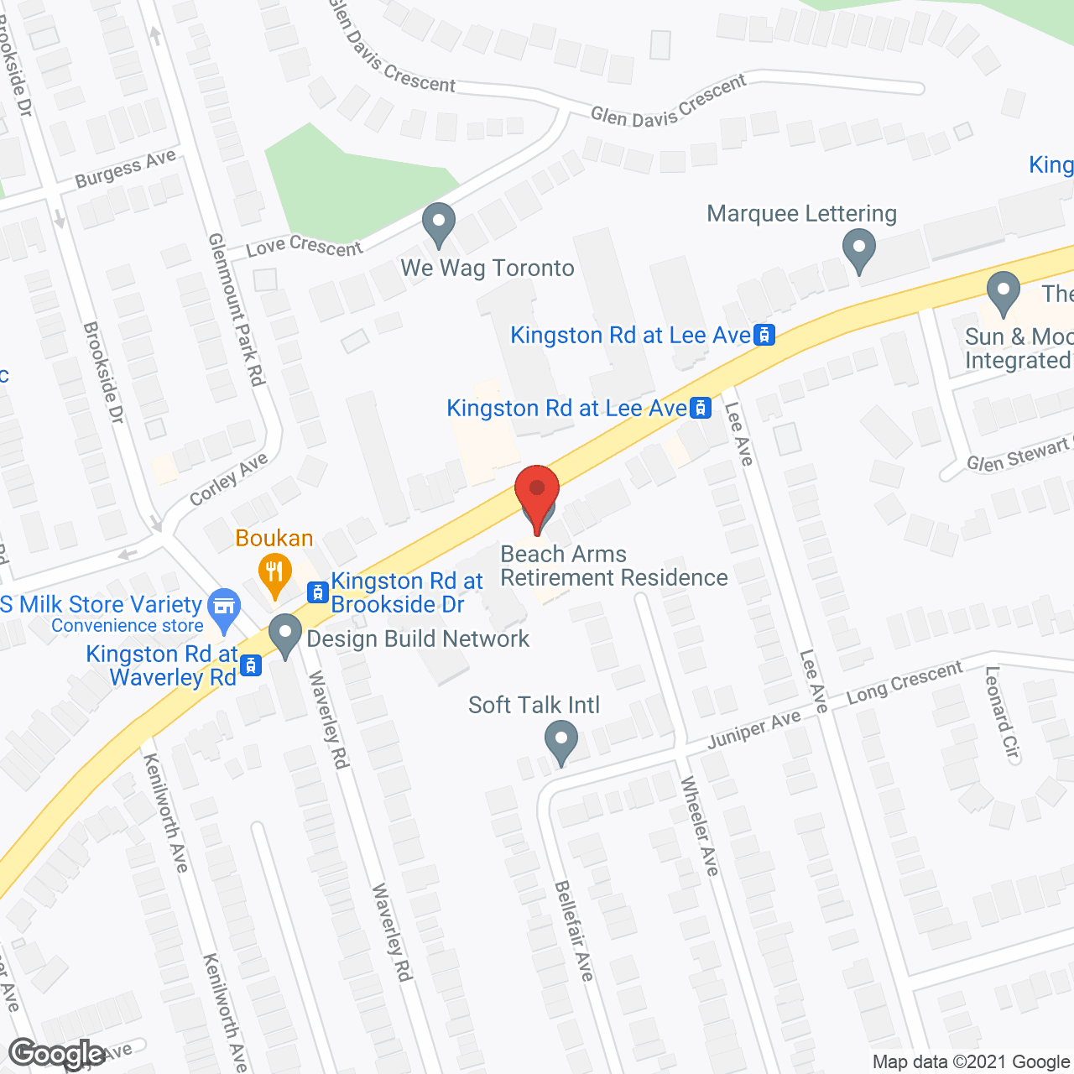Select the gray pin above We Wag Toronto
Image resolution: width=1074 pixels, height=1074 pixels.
point(438,225)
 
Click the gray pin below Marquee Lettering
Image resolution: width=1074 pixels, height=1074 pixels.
point(858,252)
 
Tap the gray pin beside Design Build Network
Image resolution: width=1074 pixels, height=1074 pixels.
point(285,635)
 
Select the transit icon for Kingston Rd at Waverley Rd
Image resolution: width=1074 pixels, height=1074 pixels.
point(250,666)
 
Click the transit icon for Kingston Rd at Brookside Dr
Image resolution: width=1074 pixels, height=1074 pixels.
point(317,592)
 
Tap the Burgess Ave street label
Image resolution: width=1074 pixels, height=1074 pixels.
point(125,169)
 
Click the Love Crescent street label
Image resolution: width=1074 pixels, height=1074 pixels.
point(304,246)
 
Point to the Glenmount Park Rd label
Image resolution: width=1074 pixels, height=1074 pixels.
point(237,310)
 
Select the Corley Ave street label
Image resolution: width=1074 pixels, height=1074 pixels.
point(228,479)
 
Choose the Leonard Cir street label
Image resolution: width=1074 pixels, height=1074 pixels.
point(1003,714)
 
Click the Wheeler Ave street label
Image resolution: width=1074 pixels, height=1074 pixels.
point(699,826)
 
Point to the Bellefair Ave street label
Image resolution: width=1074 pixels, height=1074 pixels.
point(573,931)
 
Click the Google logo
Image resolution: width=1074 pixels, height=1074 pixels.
point(57,1054)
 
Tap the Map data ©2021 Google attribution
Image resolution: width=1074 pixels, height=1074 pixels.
point(971,1062)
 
